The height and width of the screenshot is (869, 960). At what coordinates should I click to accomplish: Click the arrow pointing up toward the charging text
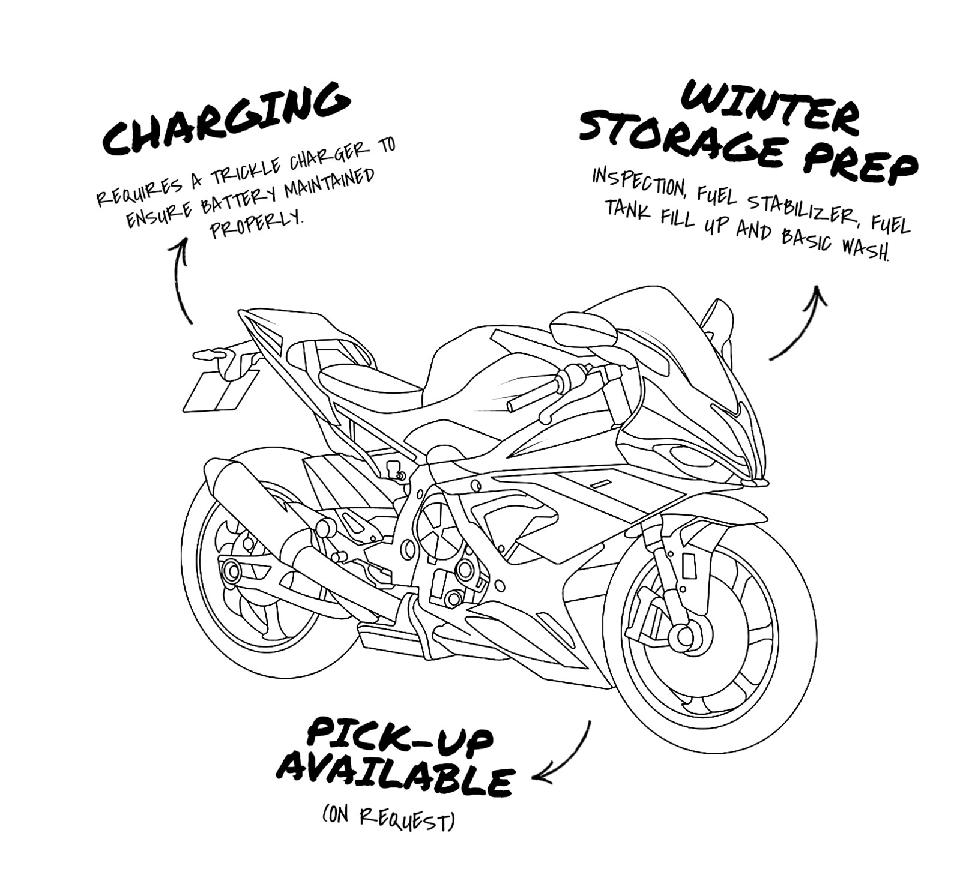pyautogui.click(x=182, y=279)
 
